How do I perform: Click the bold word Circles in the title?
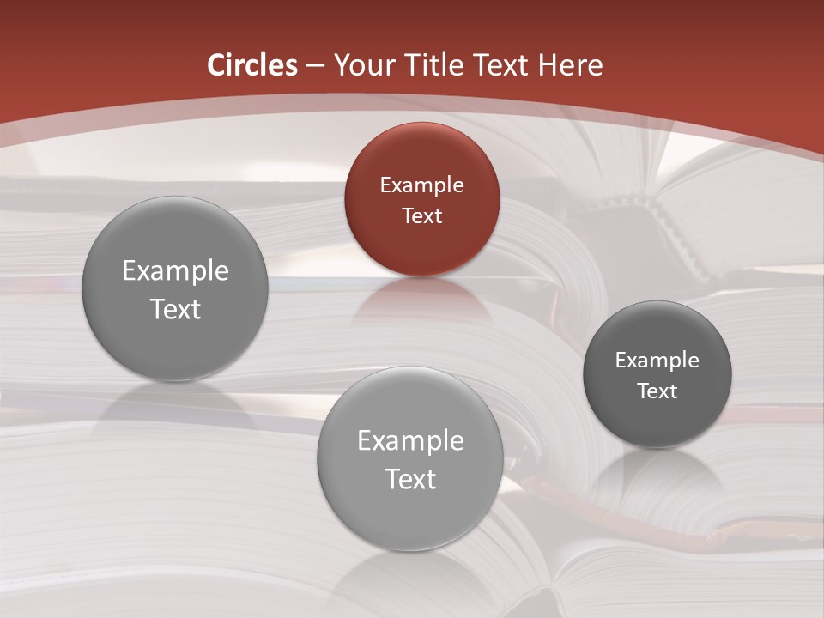click(x=252, y=65)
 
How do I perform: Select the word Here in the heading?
click(x=571, y=65)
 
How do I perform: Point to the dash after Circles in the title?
click(x=315, y=66)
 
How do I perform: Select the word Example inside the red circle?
click(x=421, y=185)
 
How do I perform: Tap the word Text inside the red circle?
click(x=421, y=216)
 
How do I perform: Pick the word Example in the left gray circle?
click(x=175, y=271)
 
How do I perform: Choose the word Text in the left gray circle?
click(x=175, y=310)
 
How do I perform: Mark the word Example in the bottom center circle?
click(x=410, y=441)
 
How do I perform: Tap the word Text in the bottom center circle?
click(x=410, y=480)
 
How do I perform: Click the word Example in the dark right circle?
click(x=657, y=360)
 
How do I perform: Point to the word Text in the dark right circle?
click(x=657, y=391)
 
